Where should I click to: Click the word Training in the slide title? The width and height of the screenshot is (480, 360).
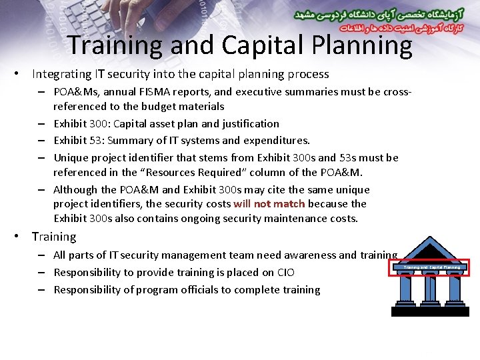point(114,45)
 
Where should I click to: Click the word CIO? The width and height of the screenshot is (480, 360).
point(285,272)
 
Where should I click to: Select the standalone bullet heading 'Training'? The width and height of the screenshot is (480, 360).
point(54,237)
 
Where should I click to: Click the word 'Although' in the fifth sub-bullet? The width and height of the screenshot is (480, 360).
point(75,190)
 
